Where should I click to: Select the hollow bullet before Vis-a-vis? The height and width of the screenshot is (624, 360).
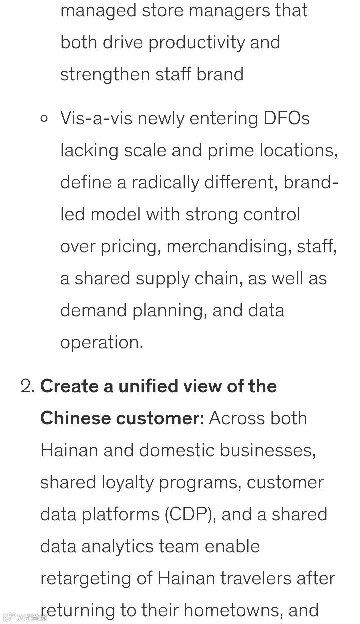(44, 118)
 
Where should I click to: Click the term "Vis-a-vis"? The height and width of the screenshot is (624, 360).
(96, 118)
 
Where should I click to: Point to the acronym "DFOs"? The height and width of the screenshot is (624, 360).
(286, 118)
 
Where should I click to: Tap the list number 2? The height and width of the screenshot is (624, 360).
(27, 386)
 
